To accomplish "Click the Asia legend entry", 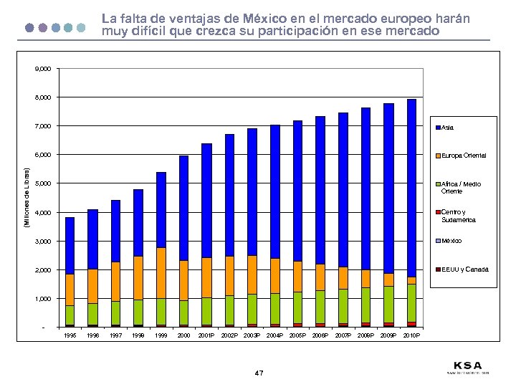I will pos(448,128).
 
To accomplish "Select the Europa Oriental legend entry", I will pos(463,156).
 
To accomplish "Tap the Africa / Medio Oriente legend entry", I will pos(461,188).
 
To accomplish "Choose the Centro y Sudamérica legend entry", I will pos(458,216).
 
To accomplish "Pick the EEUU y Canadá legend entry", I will pos(464,269).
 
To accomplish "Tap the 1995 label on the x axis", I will pos(70,335).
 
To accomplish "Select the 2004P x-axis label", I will pos(275,335).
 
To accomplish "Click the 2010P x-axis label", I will pos(412,335).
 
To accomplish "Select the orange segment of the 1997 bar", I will pos(115,282).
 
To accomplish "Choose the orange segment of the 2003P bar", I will pos(252,274).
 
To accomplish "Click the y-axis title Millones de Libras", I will pos(27,198).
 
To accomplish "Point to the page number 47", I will pos(259,373).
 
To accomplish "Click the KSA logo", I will pos(467,365).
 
